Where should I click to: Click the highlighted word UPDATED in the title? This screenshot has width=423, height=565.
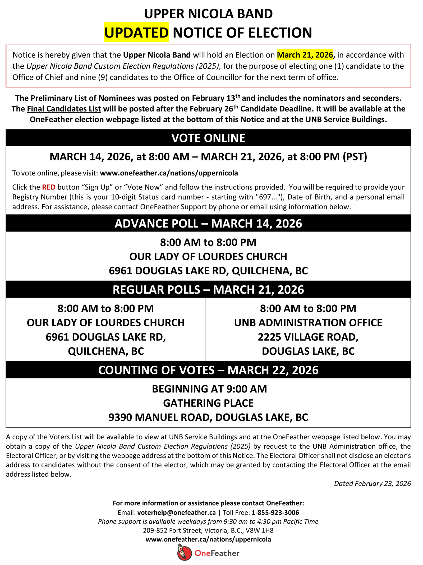(x=136, y=33)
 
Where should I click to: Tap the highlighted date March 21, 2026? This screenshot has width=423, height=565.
(x=305, y=55)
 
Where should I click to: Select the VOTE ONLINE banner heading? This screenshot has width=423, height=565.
(x=208, y=138)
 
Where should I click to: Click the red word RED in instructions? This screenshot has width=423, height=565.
(x=49, y=187)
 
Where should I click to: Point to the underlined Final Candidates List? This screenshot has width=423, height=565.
(x=64, y=109)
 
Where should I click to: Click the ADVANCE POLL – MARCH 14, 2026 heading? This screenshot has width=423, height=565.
(x=208, y=224)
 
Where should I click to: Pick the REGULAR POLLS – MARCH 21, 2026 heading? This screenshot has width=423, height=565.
(x=208, y=290)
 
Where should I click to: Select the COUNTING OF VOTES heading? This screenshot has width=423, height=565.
(x=208, y=370)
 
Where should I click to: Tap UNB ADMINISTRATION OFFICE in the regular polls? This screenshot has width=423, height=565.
(x=308, y=323)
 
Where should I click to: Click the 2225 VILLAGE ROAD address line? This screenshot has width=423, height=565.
(x=308, y=337)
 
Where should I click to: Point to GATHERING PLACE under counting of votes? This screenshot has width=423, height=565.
(x=208, y=403)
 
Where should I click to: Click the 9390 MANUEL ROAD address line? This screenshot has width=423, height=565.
(x=208, y=417)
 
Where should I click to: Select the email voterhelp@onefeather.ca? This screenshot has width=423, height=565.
(x=176, y=512)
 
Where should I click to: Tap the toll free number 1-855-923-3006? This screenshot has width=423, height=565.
(x=275, y=512)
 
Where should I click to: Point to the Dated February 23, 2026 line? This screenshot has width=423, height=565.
(x=372, y=483)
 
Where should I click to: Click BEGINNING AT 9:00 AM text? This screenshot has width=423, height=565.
(x=209, y=389)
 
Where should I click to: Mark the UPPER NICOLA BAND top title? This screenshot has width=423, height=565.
(x=208, y=14)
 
